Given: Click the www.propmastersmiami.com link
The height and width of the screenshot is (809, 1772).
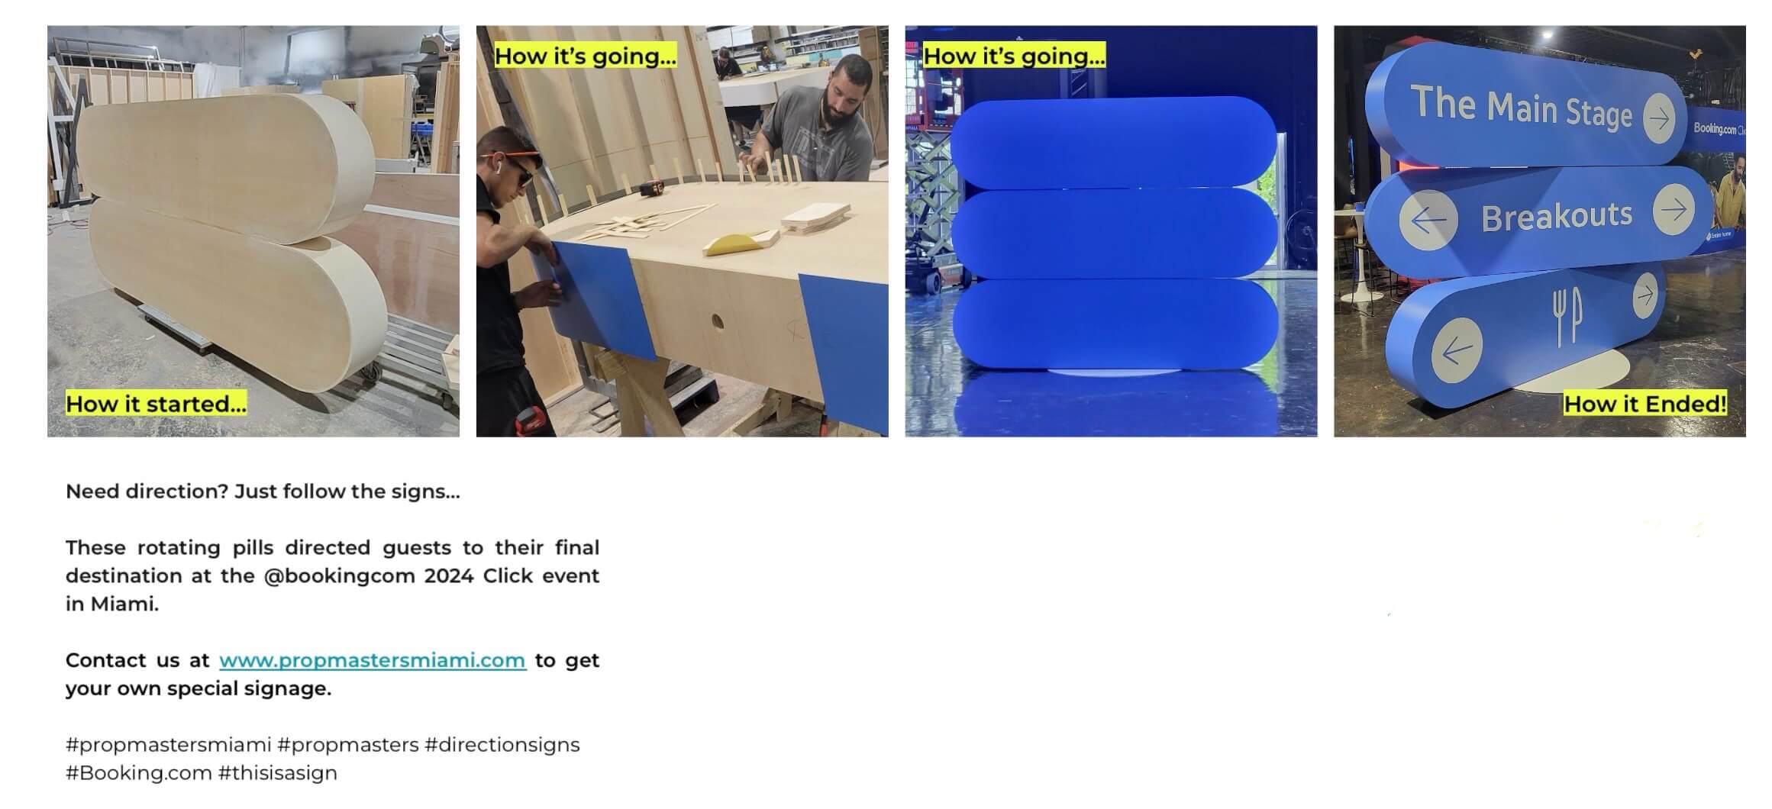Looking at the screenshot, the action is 373,660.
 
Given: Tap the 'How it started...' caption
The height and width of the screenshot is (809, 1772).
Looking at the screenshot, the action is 157,404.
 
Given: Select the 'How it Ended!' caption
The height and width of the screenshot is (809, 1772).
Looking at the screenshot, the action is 1645,404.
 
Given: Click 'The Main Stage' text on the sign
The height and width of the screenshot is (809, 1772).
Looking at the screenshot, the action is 1521,108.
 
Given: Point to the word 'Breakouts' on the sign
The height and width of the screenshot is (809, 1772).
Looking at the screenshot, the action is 1557,217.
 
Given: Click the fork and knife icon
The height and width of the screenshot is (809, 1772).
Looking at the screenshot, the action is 1567,315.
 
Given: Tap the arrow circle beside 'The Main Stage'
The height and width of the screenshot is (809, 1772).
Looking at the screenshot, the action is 1658,118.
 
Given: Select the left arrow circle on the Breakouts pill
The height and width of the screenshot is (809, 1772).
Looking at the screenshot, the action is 1428,220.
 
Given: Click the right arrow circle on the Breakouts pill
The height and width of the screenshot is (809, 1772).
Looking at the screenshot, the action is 1674,209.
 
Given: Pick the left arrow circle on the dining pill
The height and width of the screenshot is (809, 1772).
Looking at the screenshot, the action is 1457,350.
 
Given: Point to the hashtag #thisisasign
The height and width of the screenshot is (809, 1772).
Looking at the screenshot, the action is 278,772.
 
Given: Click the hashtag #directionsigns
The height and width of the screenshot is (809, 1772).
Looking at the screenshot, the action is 502,744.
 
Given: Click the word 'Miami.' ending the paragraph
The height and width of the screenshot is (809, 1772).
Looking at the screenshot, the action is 125,604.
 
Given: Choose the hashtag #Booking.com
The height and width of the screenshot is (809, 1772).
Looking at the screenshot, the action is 139,772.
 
